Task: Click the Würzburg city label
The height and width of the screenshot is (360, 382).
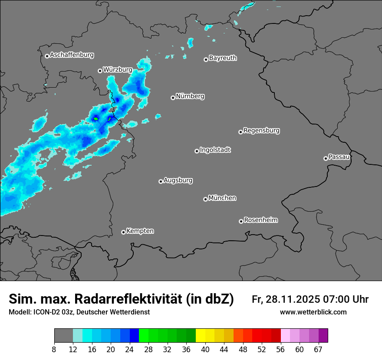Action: [x=118, y=69]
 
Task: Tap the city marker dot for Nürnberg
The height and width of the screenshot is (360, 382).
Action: [x=173, y=98]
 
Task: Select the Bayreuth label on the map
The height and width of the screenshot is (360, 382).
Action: [x=223, y=58]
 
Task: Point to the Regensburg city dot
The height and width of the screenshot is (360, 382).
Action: [x=240, y=132]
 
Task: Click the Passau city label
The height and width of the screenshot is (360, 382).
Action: [x=339, y=157]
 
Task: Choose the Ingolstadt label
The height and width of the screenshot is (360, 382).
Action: [x=215, y=150]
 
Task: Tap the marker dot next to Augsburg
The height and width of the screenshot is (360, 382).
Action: [x=161, y=181]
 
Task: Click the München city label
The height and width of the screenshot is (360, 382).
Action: [x=222, y=198]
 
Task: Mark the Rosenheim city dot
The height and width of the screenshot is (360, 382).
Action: [x=241, y=221]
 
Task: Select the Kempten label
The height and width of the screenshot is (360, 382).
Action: [x=140, y=231]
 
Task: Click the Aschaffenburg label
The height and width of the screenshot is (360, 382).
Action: [x=72, y=55]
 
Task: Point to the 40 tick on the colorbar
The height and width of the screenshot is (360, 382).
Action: [x=205, y=350]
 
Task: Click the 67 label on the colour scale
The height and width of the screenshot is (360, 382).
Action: [x=318, y=350]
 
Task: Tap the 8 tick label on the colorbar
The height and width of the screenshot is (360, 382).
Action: [x=54, y=350]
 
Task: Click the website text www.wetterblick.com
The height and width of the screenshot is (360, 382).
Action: [x=313, y=312]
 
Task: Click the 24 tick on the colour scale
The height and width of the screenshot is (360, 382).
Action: [x=129, y=350]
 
